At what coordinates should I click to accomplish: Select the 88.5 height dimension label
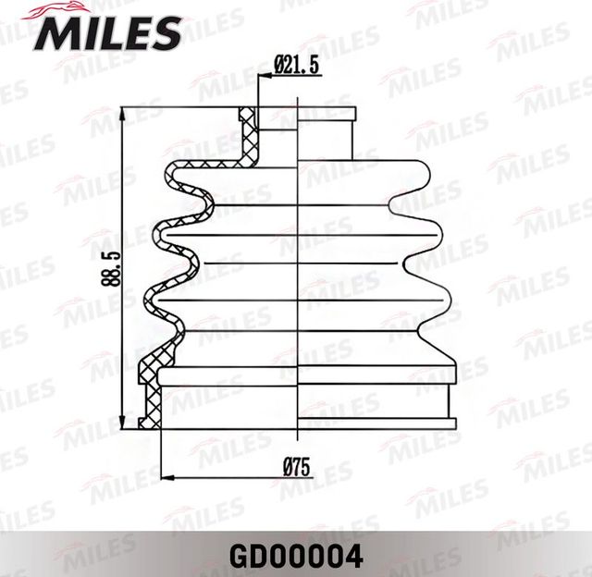(x=109, y=268)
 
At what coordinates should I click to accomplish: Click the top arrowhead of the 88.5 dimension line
(x=125, y=112)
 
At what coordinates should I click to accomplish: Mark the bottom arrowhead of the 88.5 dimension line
(x=125, y=424)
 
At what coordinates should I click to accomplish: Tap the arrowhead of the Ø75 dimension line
(x=166, y=477)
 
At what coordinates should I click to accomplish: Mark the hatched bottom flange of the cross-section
(x=149, y=407)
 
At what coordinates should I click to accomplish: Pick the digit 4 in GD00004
(x=352, y=559)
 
